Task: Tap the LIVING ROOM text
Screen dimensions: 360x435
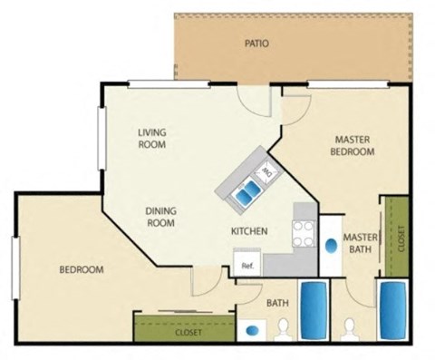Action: (154, 138)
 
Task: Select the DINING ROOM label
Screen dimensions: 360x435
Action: (160, 217)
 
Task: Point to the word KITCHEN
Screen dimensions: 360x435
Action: (248, 232)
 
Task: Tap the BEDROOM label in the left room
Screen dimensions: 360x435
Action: (82, 270)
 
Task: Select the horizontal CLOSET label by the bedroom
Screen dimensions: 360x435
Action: (188, 333)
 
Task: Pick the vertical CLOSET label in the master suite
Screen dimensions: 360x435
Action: (400, 238)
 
